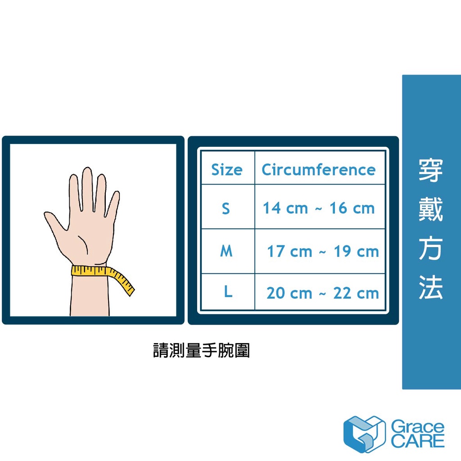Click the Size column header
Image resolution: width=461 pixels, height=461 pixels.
(227, 170)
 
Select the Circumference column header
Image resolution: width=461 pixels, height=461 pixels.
(319, 170)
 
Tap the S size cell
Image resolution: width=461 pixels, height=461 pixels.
(226, 208)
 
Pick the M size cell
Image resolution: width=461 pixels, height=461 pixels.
(226, 251)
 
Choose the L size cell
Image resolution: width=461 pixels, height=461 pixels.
(228, 291)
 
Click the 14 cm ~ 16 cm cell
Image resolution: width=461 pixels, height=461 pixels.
(319, 208)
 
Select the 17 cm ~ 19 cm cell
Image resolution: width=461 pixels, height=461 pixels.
(323, 251)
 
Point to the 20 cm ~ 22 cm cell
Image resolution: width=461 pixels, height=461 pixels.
(322, 293)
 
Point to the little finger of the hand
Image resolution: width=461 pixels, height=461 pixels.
(113, 203)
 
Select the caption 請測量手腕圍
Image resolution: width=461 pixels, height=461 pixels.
(201, 350)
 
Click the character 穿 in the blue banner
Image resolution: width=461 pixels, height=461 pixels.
(431, 170)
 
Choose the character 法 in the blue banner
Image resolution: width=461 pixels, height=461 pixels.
(431, 287)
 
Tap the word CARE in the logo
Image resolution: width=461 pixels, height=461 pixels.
(417, 441)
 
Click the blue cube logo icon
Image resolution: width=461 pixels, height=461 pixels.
(364, 434)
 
